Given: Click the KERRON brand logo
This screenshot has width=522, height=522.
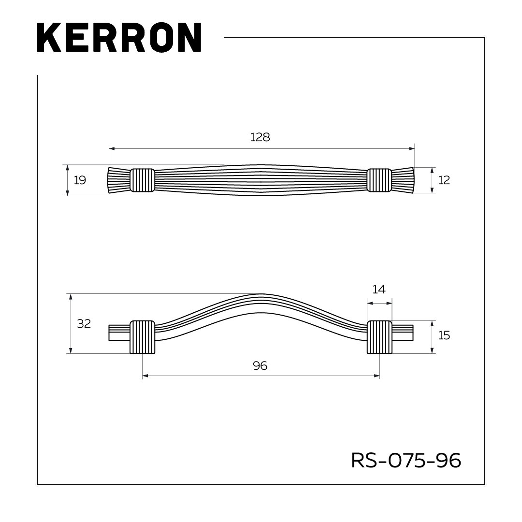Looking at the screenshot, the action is point(119,38).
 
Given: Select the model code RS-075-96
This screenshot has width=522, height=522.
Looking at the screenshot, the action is point(406,461).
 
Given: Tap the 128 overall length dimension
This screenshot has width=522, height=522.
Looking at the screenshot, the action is point(260,137).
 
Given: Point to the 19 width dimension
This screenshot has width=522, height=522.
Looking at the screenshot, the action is point(80,180).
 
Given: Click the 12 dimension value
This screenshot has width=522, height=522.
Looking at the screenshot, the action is point(444,180).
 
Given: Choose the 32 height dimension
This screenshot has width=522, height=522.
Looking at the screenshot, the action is point(84,323).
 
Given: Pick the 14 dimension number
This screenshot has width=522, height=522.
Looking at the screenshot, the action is point(379,290).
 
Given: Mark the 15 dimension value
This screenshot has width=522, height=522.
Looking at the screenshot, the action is point(444,335).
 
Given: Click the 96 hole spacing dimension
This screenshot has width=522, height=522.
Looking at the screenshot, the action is point(260,366).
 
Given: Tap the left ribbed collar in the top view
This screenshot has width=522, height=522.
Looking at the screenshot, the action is point(143,180).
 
